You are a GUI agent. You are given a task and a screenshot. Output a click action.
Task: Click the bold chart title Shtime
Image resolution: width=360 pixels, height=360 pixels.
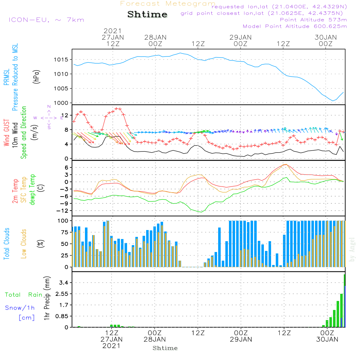[147, 14]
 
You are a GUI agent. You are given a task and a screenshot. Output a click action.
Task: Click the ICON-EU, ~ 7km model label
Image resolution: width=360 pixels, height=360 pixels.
[46, 20]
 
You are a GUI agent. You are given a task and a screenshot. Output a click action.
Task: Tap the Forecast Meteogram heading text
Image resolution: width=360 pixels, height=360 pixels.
[168, 4]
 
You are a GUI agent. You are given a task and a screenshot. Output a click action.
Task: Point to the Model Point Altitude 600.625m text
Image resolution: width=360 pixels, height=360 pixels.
[295, 26]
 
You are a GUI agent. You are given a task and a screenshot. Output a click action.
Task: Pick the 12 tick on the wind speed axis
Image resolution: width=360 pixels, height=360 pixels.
[66, 115]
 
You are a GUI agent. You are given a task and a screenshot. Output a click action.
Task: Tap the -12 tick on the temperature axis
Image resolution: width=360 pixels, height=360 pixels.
[64, 211]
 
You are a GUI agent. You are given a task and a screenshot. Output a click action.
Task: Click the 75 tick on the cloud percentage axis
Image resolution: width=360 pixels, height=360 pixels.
[65, 232]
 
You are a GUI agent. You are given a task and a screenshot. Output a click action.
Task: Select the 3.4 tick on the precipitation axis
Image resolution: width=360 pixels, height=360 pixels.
[64, 283]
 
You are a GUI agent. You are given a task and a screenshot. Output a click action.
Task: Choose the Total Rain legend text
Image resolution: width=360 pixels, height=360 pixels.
[24, 295]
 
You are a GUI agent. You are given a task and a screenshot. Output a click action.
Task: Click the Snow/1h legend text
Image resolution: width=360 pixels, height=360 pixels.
[20, 308]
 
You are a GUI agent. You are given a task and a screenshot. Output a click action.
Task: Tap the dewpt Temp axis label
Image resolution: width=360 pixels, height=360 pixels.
[32, 190]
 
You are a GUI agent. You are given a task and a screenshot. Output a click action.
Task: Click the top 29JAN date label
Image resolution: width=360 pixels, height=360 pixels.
[240, 37]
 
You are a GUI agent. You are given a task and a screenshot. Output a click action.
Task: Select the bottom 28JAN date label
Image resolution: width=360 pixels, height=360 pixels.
[155, 339]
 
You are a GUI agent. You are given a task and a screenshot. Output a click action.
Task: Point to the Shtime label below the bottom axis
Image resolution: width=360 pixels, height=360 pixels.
[165, 348]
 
